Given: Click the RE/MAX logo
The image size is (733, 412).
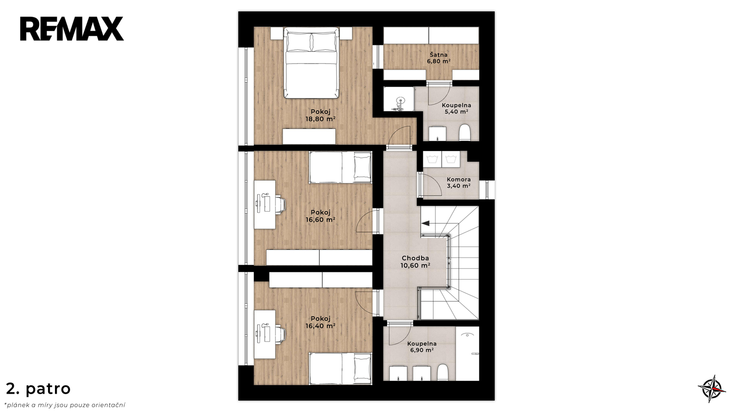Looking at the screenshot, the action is (x=72, y=29).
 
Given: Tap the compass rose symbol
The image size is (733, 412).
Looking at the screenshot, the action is (x=712, y=389).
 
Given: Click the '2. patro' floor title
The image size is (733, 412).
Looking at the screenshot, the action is (x=38, y=389).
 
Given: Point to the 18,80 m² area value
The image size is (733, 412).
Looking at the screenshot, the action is (x=320, y=119).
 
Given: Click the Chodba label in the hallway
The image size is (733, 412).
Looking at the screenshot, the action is (x=415, y=258).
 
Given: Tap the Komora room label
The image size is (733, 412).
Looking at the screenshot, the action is (x=459, y=179).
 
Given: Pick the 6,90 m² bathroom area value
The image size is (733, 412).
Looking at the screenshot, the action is (x=422, y=350).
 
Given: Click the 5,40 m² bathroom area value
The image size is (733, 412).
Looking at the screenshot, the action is (x=456, y=112).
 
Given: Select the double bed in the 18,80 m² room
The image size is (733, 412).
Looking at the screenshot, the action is (x=311, y=63).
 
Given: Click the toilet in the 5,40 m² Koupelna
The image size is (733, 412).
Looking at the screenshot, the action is (x=465, y=132).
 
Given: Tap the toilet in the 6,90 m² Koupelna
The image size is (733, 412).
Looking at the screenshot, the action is (x=443, y=373).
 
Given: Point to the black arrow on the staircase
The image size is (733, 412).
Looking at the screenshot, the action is (x=426, y=223).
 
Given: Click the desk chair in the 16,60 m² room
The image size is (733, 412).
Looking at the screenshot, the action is (x=280, y=204).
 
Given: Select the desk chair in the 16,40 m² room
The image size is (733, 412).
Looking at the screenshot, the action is (x=280, y=334).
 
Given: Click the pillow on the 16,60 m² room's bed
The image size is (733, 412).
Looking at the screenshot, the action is (x=362, y=167).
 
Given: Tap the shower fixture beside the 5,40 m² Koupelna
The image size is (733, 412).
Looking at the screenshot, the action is (x=399, y=104).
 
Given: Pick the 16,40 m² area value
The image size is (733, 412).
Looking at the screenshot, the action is (x=320, y=326).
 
